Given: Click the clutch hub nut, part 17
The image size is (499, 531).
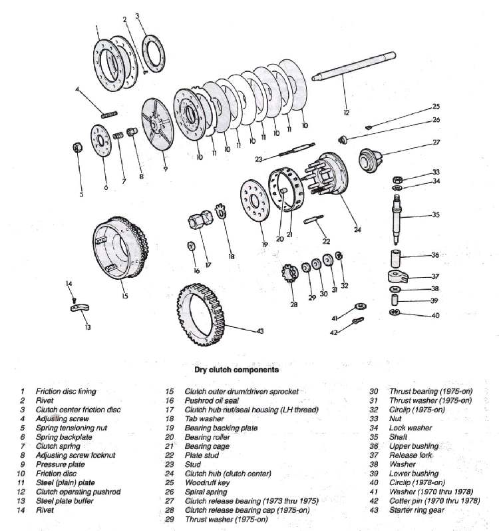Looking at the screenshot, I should pos(201,220).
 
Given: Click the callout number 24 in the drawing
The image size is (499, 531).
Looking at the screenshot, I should pos(357,230).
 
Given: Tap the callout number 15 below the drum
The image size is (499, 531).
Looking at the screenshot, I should pos(124,296).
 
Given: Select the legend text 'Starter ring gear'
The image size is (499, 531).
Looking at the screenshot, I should pos(416,511).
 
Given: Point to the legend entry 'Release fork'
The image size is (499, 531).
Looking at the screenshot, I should pos(411,456).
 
